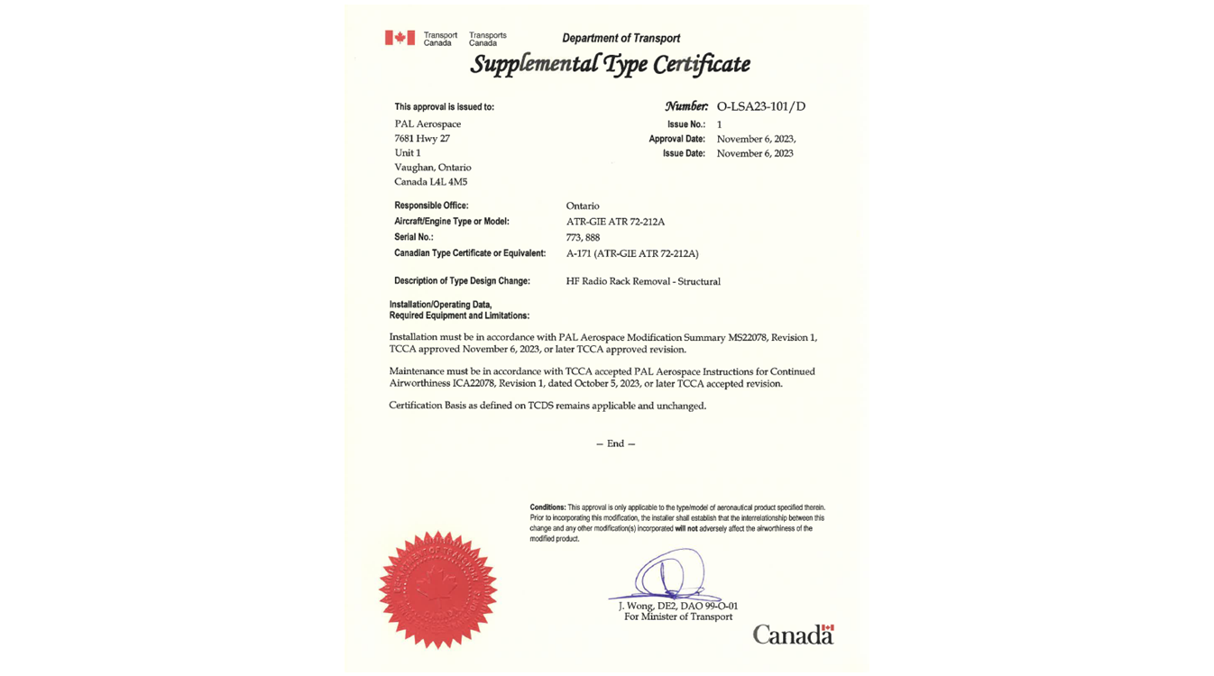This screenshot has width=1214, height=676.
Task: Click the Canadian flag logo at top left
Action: [400, 38]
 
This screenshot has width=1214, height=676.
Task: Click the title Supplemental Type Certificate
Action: [610, 64]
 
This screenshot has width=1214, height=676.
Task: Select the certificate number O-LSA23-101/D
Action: [760, 106]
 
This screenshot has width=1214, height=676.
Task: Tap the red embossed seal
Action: [437, 589]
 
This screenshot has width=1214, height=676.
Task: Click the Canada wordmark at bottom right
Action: [793, 635]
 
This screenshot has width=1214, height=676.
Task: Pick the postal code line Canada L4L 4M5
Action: [430, 182]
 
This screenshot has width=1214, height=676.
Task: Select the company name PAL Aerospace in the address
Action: [428, 124]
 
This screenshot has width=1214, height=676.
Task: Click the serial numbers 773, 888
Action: [583, 238]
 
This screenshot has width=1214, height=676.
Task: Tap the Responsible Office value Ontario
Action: [583, 206]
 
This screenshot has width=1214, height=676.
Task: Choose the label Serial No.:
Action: [414, 237]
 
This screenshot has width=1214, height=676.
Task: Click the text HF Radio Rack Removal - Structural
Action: [643, 281]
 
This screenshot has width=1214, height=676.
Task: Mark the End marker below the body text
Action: [615, 443]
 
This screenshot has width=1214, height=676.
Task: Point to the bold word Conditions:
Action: [547, 507]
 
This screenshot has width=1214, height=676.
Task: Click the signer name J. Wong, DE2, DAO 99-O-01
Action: [678, 606]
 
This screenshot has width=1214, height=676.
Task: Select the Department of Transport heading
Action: [621, 38]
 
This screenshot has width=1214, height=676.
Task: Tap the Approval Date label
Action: [676, 139]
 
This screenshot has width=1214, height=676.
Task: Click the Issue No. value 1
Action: [719, 124]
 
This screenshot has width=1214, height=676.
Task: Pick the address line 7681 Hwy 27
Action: [421, 139]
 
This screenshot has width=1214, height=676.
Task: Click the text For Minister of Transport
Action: [678, 617]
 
